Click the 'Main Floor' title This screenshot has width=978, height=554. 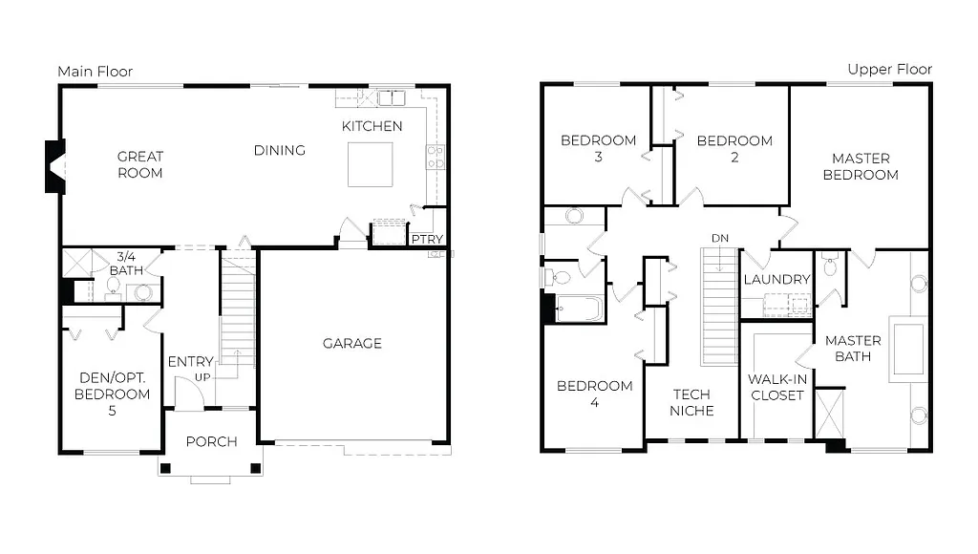pos(95,72)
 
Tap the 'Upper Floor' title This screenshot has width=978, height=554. pos(889,70)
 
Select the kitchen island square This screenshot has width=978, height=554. pos(371,164)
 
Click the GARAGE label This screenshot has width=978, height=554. pos(351,343)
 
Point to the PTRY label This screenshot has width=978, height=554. pos(425,239)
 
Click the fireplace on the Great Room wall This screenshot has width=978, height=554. pos(54,166)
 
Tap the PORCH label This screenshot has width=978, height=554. pos(210,441)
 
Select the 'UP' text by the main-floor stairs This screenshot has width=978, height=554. pos(202,378)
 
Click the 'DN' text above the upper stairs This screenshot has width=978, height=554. pos(719,237)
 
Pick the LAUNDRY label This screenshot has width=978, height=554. pos(776,279)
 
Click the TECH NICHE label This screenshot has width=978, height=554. pos(692,402)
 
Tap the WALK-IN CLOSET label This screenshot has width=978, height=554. pos(776,387)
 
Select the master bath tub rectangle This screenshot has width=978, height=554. pos(907,349)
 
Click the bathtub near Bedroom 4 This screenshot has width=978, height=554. pos(579,309)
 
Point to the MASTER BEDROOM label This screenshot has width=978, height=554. pos(860,166)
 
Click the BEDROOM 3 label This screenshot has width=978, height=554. pos(598,149)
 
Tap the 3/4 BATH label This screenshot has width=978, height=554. pos(129,264)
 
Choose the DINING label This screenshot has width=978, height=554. pos(279,150)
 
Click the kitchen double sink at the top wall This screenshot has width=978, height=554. pos(391,97)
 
